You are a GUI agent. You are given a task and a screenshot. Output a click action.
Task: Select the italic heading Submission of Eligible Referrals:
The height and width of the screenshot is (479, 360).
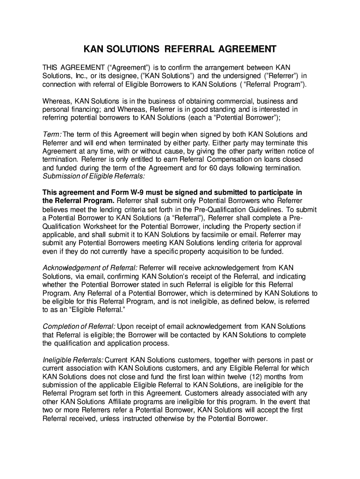94,176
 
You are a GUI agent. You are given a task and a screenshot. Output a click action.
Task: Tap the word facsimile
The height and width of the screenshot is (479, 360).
219,235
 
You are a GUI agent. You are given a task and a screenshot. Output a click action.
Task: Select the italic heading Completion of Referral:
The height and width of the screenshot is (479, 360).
79,326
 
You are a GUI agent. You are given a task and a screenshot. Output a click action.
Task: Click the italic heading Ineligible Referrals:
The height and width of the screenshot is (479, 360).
73,360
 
